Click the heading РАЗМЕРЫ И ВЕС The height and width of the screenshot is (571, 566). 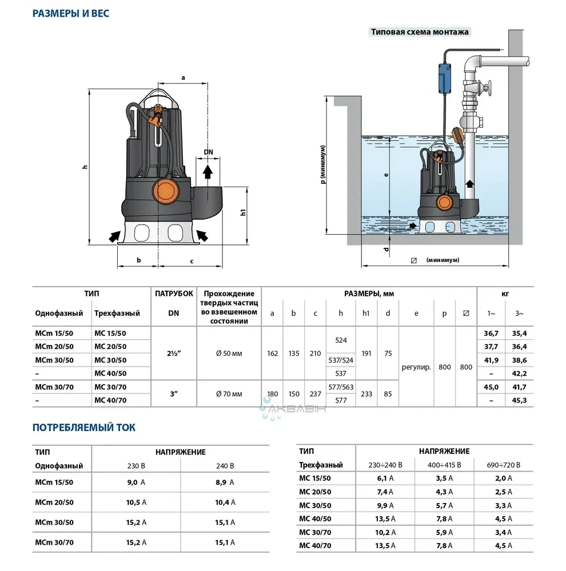pos(70,13)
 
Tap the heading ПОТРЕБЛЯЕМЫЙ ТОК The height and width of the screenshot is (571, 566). pos(84,428)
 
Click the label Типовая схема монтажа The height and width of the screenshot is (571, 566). pos(420,32)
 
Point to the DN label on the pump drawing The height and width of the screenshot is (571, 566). pos(209,151)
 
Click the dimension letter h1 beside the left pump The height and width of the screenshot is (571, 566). pos(243,212)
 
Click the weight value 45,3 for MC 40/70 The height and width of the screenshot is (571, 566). pos(520,401)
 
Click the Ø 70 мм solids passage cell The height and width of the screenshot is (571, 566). pos(229,394)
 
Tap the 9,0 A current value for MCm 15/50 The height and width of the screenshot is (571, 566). pos(135,482)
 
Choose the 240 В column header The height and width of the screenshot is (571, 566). pos(225,466)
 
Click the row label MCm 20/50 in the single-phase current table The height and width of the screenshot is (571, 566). pos(54,502)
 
